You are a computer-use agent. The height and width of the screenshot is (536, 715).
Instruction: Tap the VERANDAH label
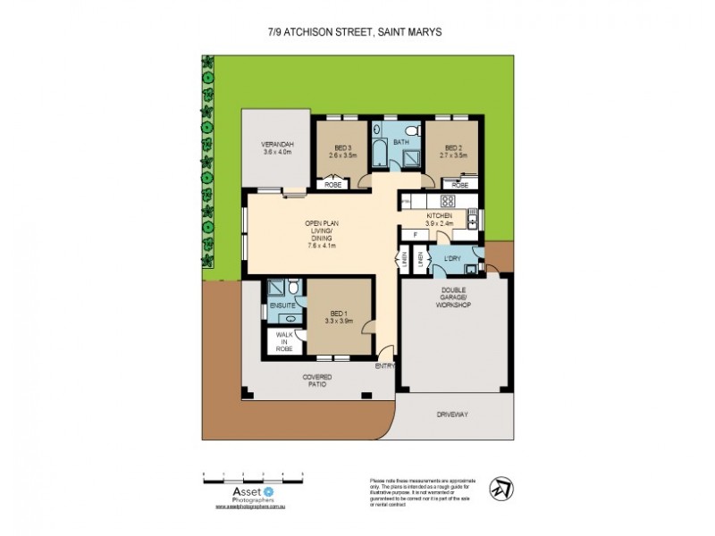(x=278, y=144)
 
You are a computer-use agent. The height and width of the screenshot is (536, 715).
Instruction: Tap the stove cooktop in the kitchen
(x=449, y=201)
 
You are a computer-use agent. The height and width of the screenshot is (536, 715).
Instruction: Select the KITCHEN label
(x=439, y=216)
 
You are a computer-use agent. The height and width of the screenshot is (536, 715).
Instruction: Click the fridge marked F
(x=415, y=234)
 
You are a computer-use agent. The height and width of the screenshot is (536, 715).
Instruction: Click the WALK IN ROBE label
(x=284, y=341)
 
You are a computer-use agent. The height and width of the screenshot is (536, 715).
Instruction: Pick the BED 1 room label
(x=338, y=313)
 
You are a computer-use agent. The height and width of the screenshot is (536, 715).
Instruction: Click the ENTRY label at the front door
(x=385, y=366)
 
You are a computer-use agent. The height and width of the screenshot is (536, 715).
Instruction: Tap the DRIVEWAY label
(x=452, y=415)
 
